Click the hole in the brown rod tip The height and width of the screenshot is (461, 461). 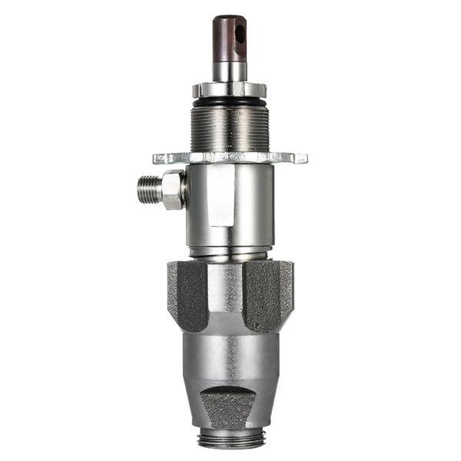(240, 34)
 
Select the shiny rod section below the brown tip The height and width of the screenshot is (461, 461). (229, 71)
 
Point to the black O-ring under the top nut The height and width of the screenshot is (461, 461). (229, 101)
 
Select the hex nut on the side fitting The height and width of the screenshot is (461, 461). (172, 190)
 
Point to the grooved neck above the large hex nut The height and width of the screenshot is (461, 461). (229, 252)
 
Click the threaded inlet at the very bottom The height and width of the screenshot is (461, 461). (229, 440)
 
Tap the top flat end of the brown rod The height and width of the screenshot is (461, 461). (228, 18)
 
